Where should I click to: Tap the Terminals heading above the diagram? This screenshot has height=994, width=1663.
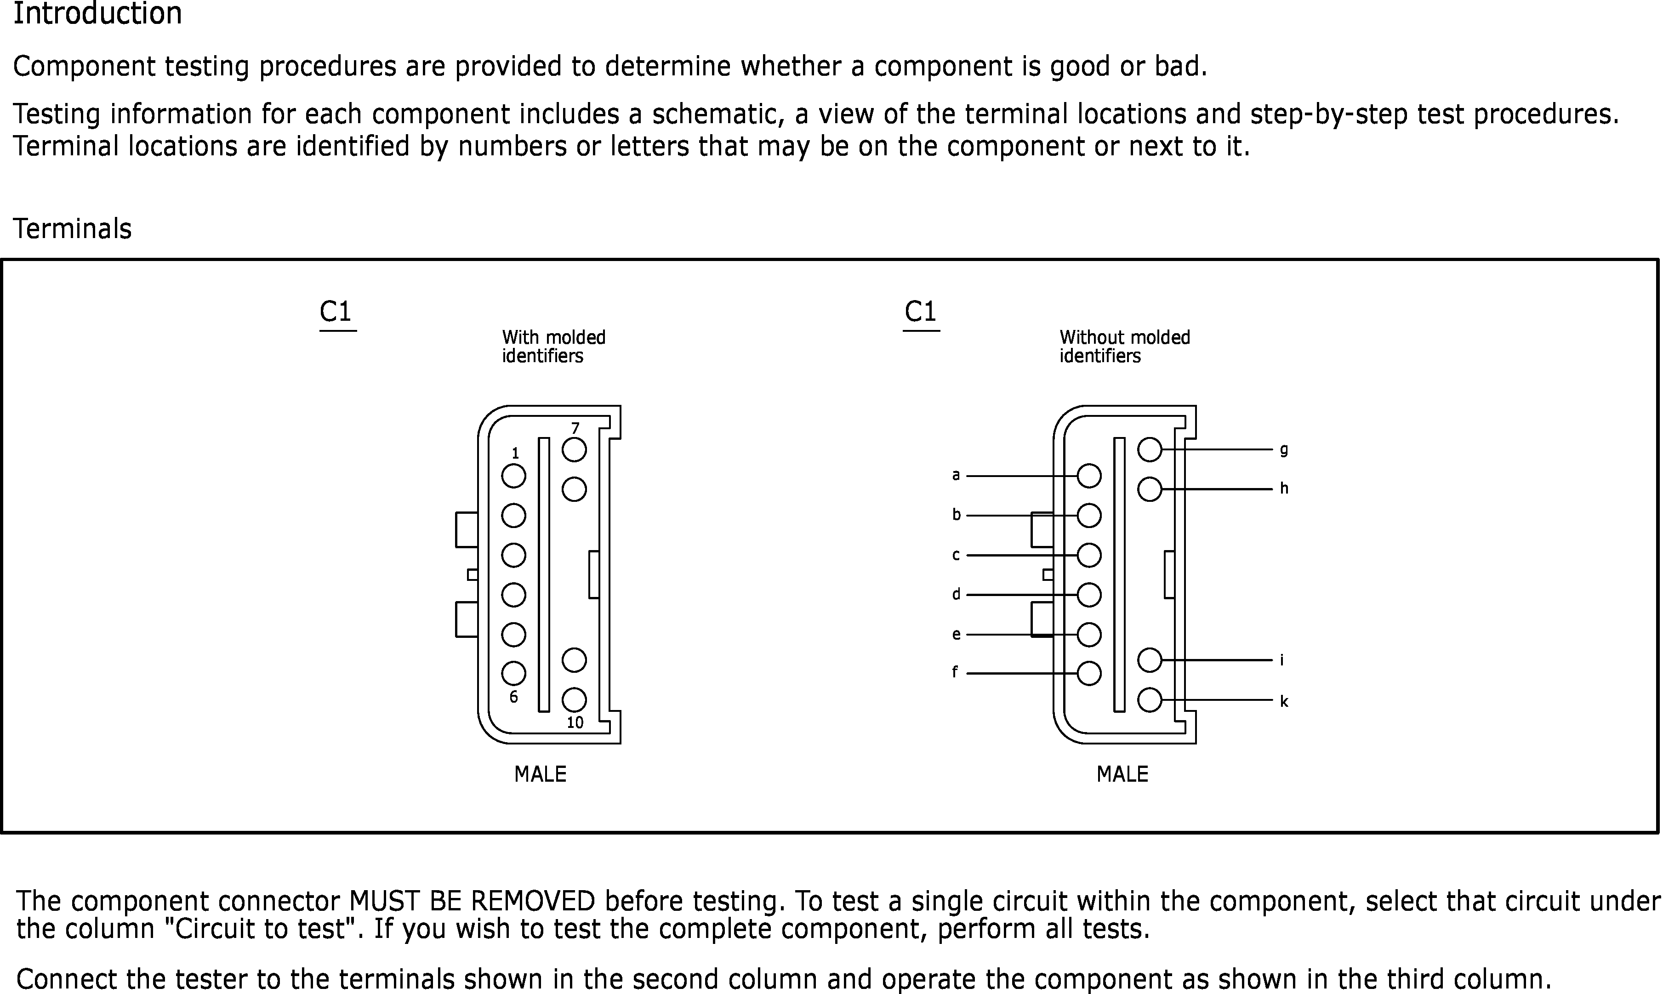tap(72, 229)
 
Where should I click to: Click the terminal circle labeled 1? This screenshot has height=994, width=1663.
tap(514, 476)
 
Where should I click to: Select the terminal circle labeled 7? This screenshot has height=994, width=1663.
tap(574, 450)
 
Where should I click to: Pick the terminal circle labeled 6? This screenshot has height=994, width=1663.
tap(514, 674)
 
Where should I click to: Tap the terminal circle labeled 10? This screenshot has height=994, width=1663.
tap(574, 700)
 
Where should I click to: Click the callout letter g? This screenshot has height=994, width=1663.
tap(1284, 449)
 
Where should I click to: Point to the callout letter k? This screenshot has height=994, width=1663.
tap(1284, 701)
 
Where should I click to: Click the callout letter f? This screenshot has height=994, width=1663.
tap(955, 672)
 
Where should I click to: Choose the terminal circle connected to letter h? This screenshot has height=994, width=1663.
tap(1149, 489)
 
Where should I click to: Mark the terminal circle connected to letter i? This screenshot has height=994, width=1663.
tap(1149, 660)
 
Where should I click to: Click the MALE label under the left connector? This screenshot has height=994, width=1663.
tap(540, 774)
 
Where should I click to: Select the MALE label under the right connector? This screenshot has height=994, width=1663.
tap(1122, 774)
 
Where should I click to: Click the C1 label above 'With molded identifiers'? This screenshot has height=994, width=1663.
tap(336, 312)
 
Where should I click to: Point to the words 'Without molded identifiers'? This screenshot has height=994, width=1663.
tap(1124, 346)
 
